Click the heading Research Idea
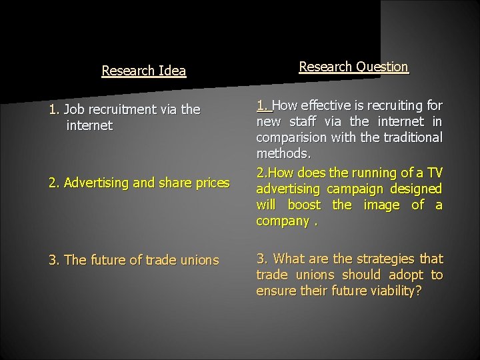coord(143,71)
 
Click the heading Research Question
coord(353,67)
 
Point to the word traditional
coord(410,138)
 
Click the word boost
coord(305,205)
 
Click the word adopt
coord(404,275)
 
